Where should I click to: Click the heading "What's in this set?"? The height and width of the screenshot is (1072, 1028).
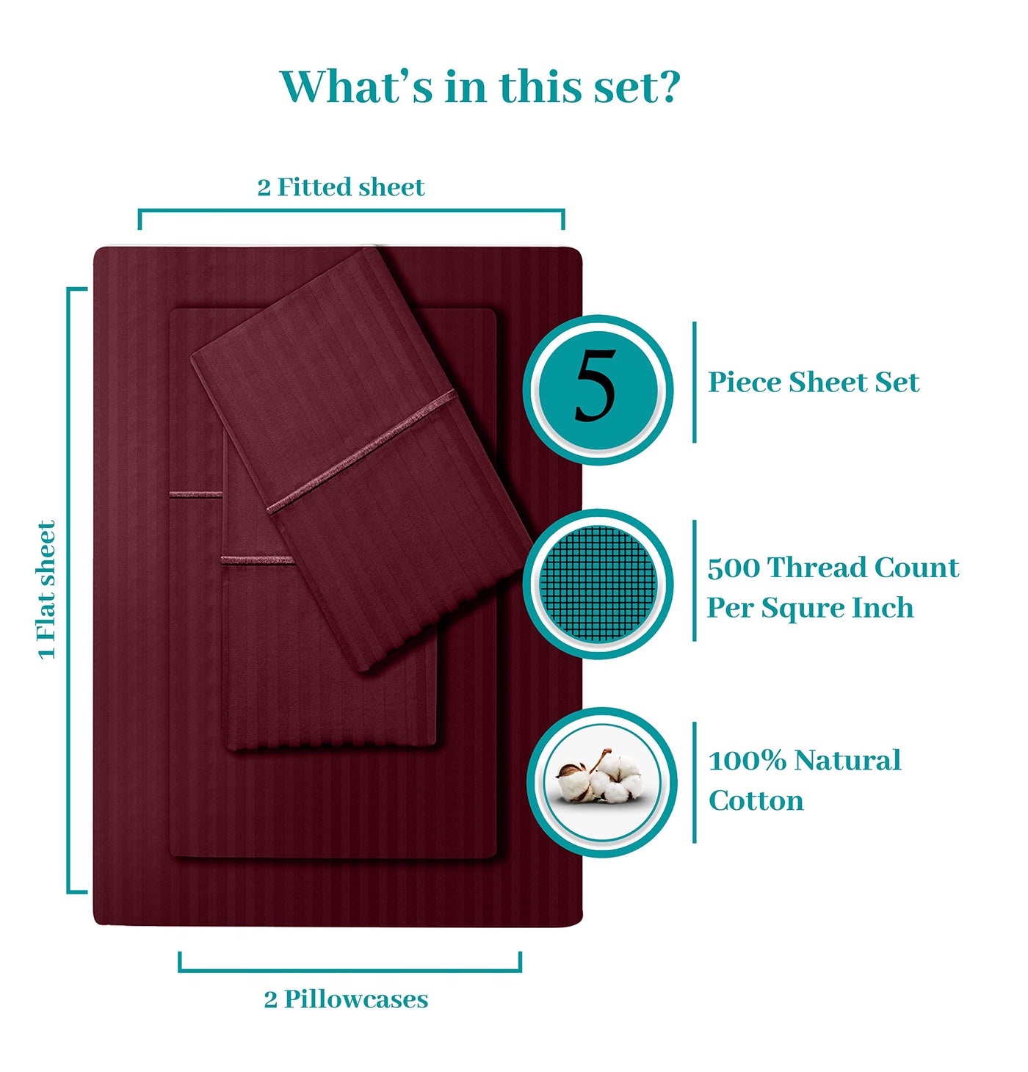pyautogui.click(x=479, y=87)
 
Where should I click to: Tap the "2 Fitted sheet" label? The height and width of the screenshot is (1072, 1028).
pyautogui.click(x=341, y=187)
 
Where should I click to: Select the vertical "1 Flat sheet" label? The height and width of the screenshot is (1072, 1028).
pyautogui.click(x=47, y=590)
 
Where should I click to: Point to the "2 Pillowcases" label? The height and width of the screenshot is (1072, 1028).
pyautogui.click(x=346, y=999)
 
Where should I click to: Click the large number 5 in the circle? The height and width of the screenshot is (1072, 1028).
pyautogui.click(x=595, y=386)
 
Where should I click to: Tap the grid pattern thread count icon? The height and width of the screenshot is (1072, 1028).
pyautogui.click(x=598, y=584)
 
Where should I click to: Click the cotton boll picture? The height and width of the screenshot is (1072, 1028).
pyautogui.click(x=600, y=775)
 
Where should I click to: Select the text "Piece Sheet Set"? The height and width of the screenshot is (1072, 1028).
pyautogui.click(x=813, y=383)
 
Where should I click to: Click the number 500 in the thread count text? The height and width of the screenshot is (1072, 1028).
pyautogui.click(x=733, y=568)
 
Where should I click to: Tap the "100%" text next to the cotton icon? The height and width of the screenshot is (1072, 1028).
pyautogui.click(x=747, y=761)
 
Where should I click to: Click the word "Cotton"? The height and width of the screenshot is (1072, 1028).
pyautogui.click(x=756, y=800)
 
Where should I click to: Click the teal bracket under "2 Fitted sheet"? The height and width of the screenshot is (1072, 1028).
pyautogui.click(x=351, y=211)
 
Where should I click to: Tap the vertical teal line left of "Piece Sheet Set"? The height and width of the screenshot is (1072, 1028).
pyautogui.click(x=694, y=383)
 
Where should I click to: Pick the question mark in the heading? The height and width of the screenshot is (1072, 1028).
pyautogui.click(x=670, y=87)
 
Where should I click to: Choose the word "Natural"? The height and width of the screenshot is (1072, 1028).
pyautogui.click(x=847, y=761)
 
